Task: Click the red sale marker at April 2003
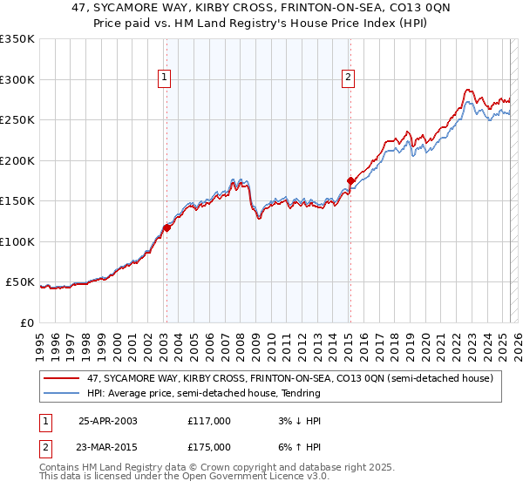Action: pos(166,228)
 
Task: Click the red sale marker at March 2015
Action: pos(350,181)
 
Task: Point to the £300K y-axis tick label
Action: pos(17,79)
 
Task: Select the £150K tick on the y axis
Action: pos(17,201)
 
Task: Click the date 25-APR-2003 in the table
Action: pos(107,421)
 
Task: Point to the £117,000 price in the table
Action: pos(209,421)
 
